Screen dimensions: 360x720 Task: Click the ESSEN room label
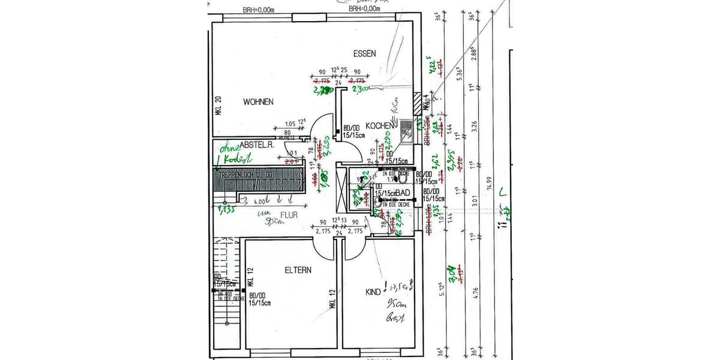click(365, 53)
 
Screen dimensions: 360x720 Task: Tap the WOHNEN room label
click(258, 102)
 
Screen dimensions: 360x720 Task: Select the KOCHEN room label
click(378, 125)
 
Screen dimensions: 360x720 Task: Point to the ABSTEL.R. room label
click(257, 145)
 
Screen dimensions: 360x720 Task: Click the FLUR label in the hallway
click(289, 214)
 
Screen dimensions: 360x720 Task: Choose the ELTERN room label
click(298, 271)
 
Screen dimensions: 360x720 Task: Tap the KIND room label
click(373, 292)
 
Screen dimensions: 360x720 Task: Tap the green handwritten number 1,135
click(226, 209)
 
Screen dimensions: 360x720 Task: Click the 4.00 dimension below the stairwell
click(260, 202)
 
